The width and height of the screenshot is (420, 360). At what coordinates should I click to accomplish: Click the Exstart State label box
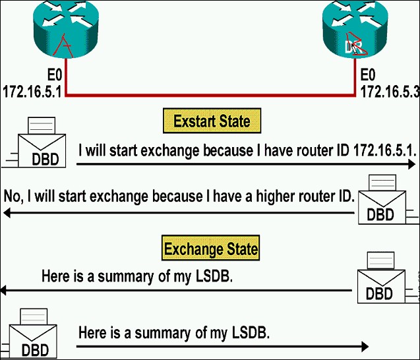pyautogui.click(x=212, y=121)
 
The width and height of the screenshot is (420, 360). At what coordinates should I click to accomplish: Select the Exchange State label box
pyautogui.click(x=211, y=250)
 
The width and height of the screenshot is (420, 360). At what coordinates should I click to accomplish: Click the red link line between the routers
pyautogui.click(x=211, y=95)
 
